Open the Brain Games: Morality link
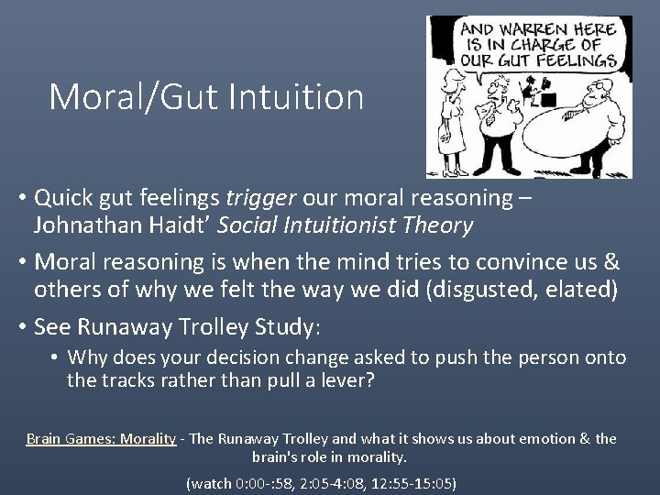pyautogui.click(x=101, y=438)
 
